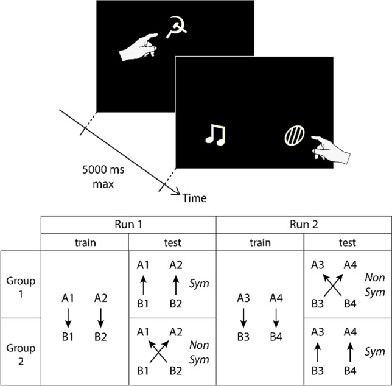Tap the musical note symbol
pos(214,135)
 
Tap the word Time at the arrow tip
pos(195,198)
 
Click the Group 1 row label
pos(20,285)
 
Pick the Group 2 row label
pos(20,351)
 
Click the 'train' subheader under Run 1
pos(85,242)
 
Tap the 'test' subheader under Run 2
pos(346,242)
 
